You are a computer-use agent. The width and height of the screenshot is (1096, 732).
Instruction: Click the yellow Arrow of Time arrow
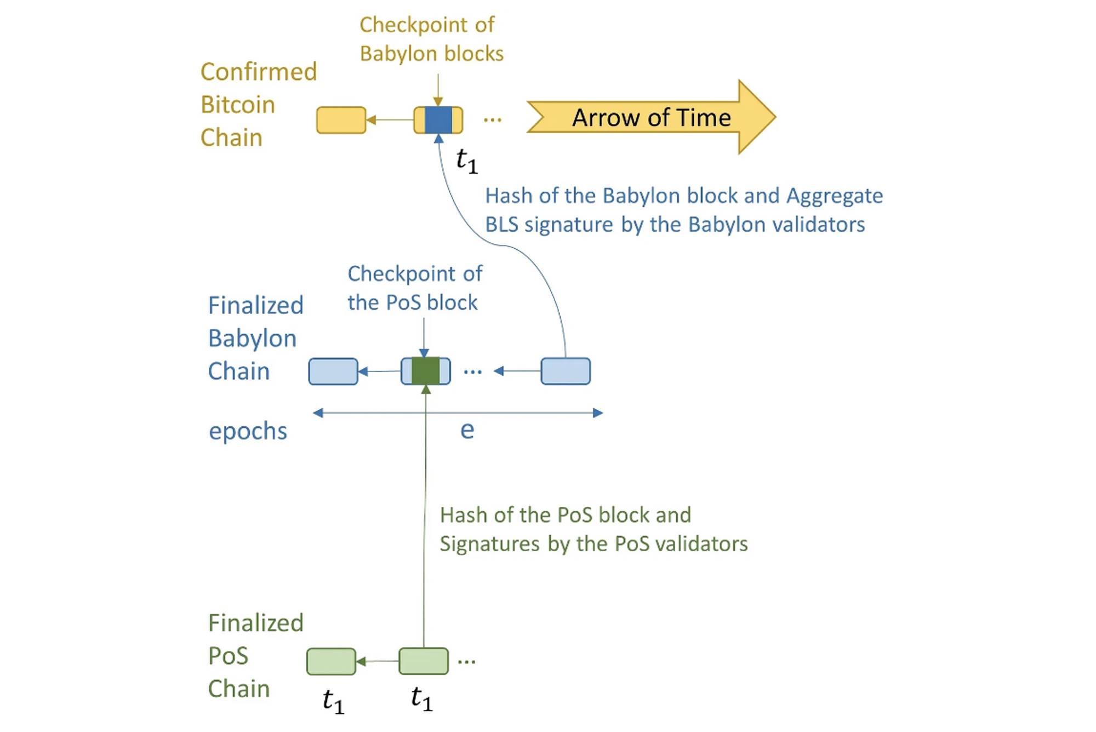pyautogui.click(x=651, y=117)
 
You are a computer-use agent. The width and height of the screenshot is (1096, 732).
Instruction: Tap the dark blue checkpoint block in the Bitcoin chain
pyautogui.click(x=438, y=120)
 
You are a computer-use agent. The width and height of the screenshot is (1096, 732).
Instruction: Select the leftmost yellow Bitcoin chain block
pyautogui.click(x=341, y=120)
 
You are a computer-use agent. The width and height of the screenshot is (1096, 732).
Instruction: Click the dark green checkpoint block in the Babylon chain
pyautogui.click(x=426, y=371)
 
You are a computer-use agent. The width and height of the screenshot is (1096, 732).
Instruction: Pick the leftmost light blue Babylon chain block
pyautogui.click(x=333, y=371)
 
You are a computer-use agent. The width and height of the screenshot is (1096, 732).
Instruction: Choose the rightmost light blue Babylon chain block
pyautogui.click(x=566, y=371)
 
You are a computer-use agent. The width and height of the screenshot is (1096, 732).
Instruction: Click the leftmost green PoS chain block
pyautogui.click(x=331, y=661)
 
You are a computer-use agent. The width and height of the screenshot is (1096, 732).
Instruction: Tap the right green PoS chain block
pyautogui.click(x=424, y=661)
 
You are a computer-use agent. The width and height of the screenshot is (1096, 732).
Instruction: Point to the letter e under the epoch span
pyautogui.click(x=467, y=430)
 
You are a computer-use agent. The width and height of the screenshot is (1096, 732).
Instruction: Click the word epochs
pyautogui.click(x=248, y=431)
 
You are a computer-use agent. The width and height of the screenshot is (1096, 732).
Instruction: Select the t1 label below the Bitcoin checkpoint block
pyautogui.click(x=467, y=161)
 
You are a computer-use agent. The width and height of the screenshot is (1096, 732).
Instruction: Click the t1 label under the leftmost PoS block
pyautogui.click(x=333, y=701)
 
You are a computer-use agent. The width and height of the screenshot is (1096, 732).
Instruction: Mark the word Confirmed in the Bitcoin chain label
pyautogui.click(x=259, y=72)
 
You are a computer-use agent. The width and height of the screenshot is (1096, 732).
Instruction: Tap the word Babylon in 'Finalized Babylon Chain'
pyautogui.click(x=252, y=339)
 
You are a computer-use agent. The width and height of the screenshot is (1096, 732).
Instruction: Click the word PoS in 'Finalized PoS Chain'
pyautogui.click(x=229, y=656)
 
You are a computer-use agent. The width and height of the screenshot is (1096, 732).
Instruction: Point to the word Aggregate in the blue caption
pyautogui.click(x=835, y=196)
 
